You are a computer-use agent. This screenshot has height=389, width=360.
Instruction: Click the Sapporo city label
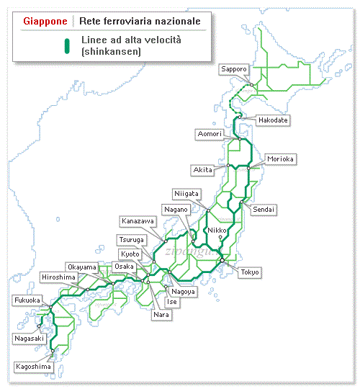coord(234,69)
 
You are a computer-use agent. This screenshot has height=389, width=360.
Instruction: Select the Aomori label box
coord(212,134)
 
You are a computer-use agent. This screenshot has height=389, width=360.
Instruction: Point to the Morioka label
coord(280,158)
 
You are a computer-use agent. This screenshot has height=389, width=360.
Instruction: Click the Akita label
coord(203,169)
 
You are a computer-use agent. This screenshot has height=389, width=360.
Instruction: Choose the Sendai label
coord(264,209)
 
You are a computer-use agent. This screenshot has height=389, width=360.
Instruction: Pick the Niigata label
coord(186,193)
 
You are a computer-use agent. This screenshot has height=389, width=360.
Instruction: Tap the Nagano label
coord(176,209)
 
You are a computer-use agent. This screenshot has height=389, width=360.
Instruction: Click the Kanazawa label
coord(137,220)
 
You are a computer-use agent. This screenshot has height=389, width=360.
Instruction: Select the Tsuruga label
coord(131,239)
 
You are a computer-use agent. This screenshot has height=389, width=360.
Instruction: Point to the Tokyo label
coord(250,272)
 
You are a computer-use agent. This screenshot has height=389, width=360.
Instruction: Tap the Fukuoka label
coord(27,300)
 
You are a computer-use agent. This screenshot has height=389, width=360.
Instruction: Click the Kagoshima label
coord(33,367)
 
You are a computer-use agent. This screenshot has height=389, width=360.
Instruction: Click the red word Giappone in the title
coord(45,21)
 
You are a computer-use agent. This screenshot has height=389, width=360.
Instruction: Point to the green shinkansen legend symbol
coord(66,46)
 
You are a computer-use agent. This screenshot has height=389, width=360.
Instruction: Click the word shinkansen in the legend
coord(110,52)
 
